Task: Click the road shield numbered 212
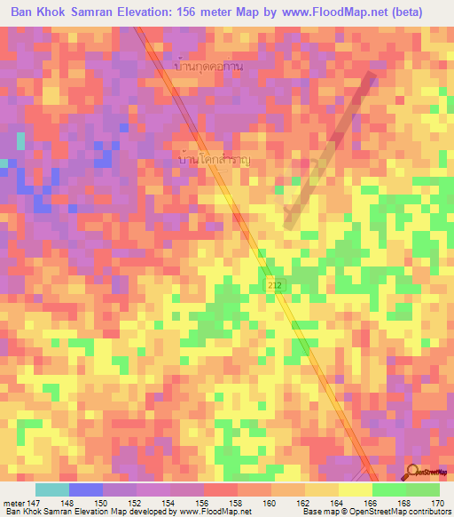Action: point(273,282)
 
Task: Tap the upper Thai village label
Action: point(210,67)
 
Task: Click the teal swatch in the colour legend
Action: point(51,489)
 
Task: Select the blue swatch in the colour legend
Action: point(85,489)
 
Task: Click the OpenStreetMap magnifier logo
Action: point(414,473)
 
